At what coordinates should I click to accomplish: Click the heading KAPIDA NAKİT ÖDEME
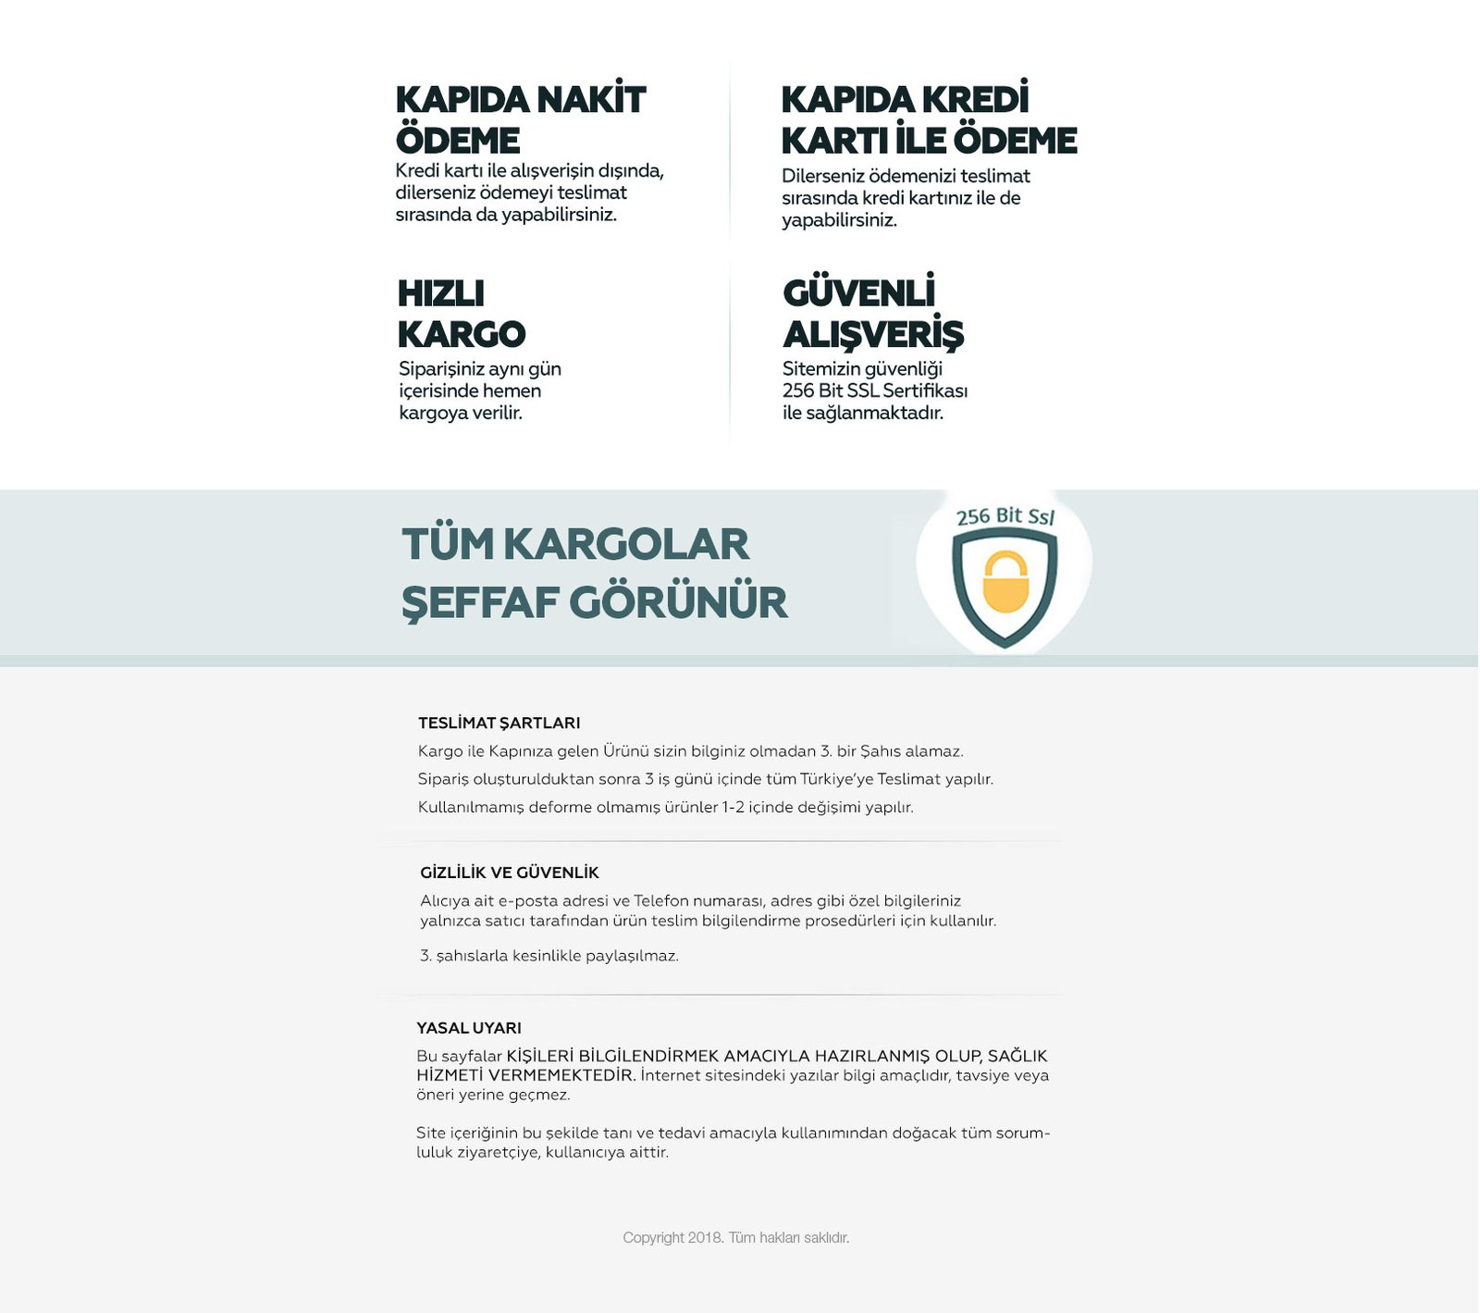coord(520,119)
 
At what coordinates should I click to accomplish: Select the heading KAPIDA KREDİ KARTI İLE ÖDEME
coord(928,119)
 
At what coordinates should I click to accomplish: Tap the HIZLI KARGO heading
coord(461,314)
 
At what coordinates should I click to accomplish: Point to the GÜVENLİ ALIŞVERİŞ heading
coord(872,314)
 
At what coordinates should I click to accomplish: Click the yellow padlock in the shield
coord(1005,582)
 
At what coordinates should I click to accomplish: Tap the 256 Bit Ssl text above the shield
coord(1005,515)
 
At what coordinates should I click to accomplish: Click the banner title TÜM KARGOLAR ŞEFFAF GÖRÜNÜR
coord(593,572)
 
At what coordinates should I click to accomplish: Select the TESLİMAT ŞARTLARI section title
coord(499,723)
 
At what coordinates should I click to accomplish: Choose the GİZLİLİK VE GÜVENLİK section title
coord(509,873)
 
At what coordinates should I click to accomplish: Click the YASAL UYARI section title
coord(468,1028)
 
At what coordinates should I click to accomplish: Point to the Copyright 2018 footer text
coord(735,1237)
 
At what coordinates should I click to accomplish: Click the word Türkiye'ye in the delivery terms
coord(836,779)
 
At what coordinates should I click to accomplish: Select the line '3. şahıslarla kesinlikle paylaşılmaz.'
coord(549,956)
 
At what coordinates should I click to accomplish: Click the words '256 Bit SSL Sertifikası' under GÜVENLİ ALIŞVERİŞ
coord(874,390)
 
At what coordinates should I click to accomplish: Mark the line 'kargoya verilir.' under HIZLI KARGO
coord(461,413)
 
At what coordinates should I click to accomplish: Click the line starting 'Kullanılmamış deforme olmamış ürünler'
coord(665,807)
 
